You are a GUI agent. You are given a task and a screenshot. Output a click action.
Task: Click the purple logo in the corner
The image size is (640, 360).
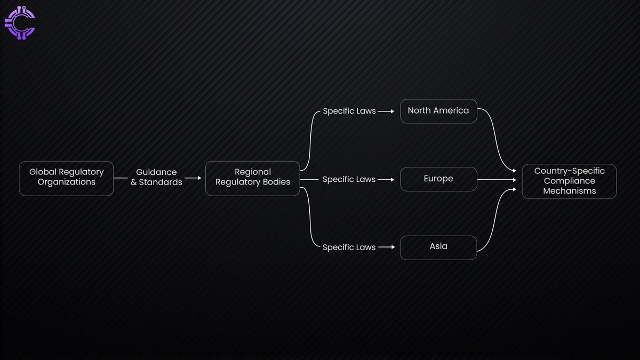pos(20,23)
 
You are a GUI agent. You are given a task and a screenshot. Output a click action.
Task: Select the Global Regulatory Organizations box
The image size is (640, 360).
pos(66,178)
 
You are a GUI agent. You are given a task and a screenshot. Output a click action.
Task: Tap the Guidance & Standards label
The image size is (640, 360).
pos(156,177)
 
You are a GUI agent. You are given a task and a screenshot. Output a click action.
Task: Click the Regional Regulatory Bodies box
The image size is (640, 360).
pos(252,178)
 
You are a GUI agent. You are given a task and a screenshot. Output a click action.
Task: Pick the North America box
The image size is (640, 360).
pos(438,111)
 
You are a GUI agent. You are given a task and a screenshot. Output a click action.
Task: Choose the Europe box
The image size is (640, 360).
pos(438,179)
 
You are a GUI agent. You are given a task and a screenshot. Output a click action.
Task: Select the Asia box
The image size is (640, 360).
pos(438,247)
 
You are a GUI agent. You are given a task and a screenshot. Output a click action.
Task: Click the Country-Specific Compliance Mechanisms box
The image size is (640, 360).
pos(569,181)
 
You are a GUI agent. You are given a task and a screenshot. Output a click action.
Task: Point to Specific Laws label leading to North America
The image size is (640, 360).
pos(349,111)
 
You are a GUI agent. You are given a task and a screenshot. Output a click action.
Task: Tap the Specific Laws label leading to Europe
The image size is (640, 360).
pos(349,180)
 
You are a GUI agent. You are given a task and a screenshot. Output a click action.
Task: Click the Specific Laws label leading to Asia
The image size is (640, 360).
pos(349,247)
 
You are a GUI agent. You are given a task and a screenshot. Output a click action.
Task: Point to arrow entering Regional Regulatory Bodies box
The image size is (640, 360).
pos(193,178)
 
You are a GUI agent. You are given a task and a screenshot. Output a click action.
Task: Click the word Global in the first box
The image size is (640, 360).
pos(42,172)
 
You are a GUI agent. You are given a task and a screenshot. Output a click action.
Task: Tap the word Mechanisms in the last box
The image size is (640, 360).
pos(569,191)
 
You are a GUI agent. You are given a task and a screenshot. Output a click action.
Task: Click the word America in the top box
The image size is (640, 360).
pos(451,111)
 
